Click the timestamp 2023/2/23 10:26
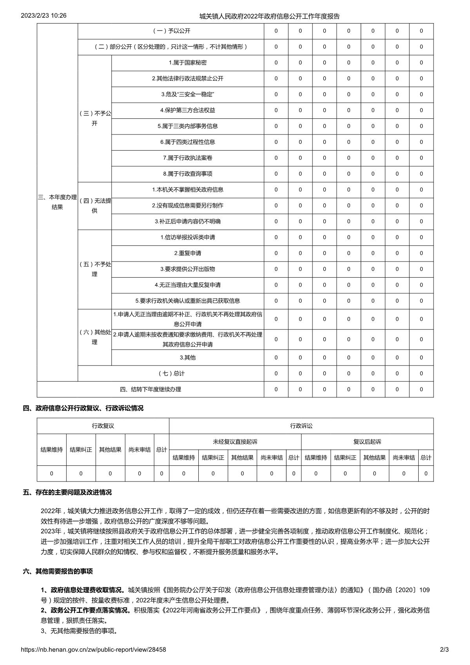pos(44,16)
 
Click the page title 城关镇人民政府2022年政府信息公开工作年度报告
pos(269,16)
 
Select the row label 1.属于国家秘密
pos(187,63)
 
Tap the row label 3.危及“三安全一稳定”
pos(187,94)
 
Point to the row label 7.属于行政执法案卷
pos(187,158)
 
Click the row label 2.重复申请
pos(187,253)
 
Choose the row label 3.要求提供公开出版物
pos(187,269)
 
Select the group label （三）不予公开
pos(94,118)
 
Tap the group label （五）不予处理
pos(94,269)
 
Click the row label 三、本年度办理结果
pos(57,202)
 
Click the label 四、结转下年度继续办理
pos(150,389)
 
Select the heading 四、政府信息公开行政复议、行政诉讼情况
pos(83,408)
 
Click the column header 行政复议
pos(103,426)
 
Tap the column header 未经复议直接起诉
pos(235,442)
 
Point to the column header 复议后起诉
pos(367,442)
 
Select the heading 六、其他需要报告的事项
pos(58,571)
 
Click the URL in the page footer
pos(93,650)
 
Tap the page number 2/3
pos(444,650)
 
